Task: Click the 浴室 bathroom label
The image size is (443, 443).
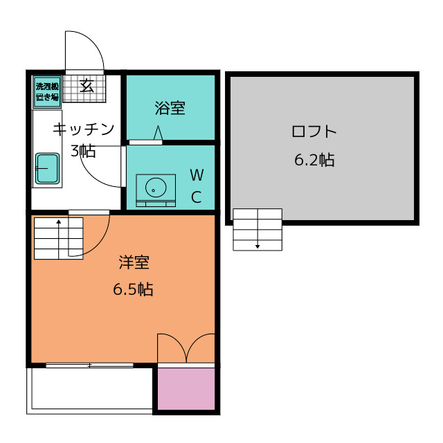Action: click(170, 108)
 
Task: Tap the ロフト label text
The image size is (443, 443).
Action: click(314, 132)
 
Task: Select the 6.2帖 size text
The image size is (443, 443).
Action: click(314, 160)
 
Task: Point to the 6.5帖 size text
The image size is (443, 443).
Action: click(133, 289)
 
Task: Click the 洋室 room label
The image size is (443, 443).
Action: click(134, 262)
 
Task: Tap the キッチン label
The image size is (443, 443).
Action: click(84, 129)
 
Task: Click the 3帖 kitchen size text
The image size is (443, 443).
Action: click(83, 151)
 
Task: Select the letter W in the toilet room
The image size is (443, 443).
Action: click(197, 175)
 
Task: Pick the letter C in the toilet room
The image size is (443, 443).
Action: click(197, 197)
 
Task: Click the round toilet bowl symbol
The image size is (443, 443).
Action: click(156, 188)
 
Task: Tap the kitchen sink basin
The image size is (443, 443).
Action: click(47, 169)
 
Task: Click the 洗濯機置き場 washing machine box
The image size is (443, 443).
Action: click(47, 92)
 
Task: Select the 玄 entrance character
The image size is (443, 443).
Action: click(87, 86)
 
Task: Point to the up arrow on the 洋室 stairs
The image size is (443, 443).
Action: click(59, 239)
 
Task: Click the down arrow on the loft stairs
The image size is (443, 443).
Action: click(257, 228)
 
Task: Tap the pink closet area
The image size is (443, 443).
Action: click(186, 388)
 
